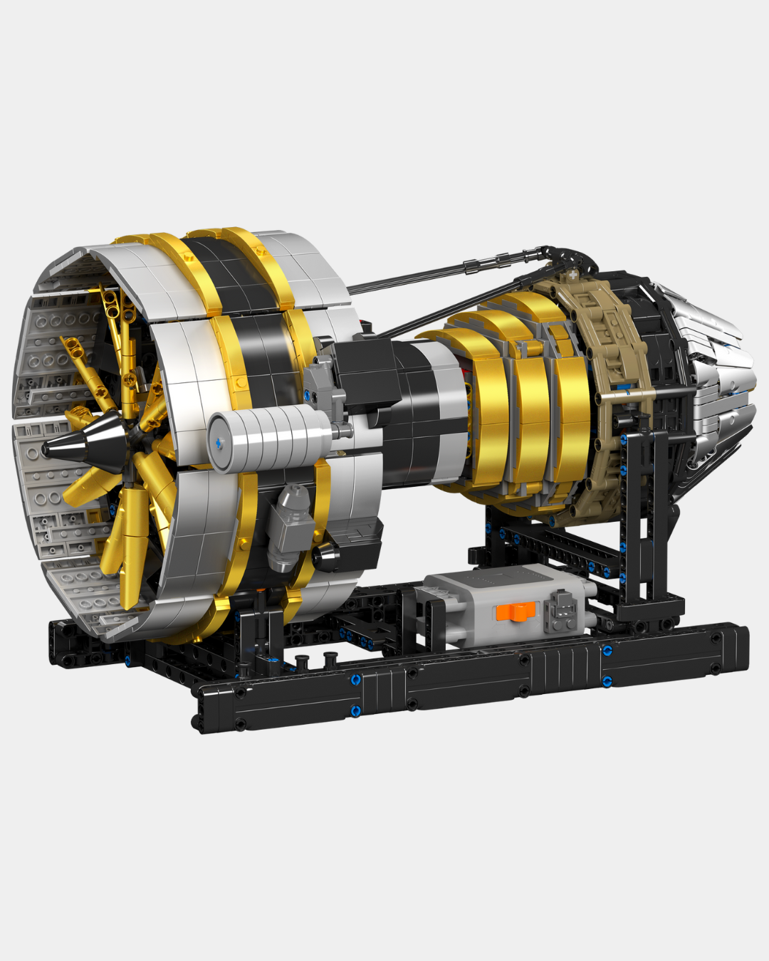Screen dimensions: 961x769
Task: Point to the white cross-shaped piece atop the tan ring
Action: tap(574, 274)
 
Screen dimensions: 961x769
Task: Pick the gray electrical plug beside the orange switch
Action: tap(562, 611)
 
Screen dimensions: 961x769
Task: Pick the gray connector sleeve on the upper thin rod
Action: tap(474, 266)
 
